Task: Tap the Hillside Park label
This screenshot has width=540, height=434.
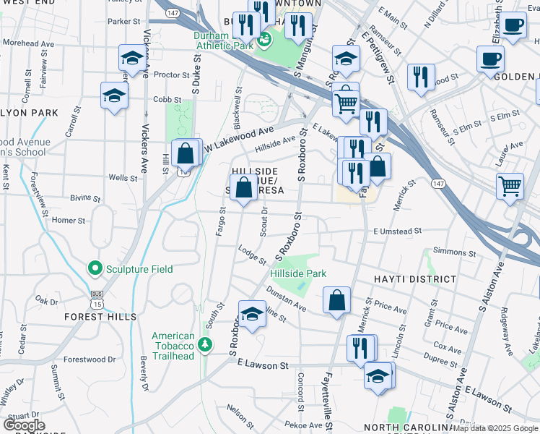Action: tap(298, 274)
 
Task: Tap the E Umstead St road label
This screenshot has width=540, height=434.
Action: tap(397, 231)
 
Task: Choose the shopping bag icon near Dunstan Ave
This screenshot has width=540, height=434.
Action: tap(337, 301)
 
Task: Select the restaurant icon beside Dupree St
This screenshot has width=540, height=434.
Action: tap(361, 347)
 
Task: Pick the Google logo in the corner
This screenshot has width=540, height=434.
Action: tap(24, 425)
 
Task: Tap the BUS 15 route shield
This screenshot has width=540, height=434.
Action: tap(97, 294)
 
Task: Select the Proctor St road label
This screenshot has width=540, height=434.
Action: tap(171, 75)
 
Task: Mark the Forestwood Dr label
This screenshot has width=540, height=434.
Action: tap(90, 359)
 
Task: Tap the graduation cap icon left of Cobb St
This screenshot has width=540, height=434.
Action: tap(114, 95)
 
